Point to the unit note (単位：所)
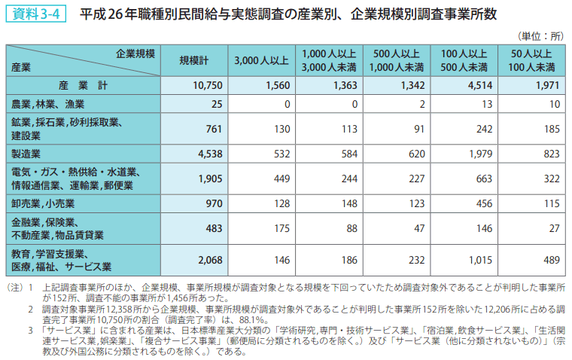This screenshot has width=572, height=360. [540, 36]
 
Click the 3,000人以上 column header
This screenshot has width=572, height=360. [260, 60]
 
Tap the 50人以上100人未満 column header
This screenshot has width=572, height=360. [531, 60]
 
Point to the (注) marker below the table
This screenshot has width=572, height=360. [15, 288]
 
